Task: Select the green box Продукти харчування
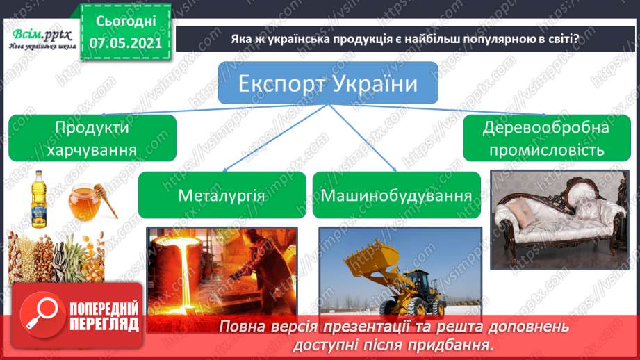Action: point(92,138)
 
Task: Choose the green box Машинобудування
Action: point(397,195)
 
